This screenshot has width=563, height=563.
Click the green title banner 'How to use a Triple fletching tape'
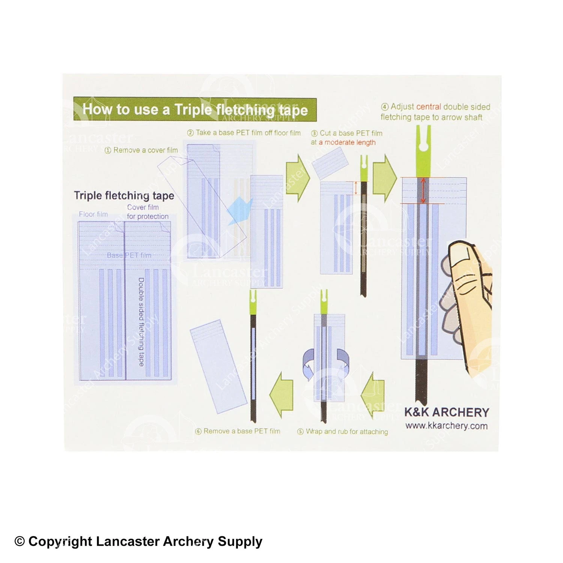click(x=195, y=109)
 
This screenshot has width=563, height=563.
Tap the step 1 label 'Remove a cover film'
click(x=141, y=150)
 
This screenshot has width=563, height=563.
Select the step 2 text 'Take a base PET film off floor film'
click(x=244, y=133)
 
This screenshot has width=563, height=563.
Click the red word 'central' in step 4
click(x=429, y=107)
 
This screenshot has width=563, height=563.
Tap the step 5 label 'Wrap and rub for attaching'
click(x=343, y=432)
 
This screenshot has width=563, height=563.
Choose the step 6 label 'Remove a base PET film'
click(x=238, y=431)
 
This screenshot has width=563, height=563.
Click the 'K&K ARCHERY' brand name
click(x=447, y=412)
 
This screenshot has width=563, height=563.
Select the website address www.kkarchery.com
click(x=446, y=426)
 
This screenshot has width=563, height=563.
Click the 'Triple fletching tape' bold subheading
click(x=124, y=196)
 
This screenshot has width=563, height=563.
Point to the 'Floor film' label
click(x=93, y=214)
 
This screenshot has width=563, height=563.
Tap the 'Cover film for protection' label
click(x=148, y=212)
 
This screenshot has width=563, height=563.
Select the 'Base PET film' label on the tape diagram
click(x=129, y=255)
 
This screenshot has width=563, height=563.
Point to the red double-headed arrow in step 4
click(x=423, y=190)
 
